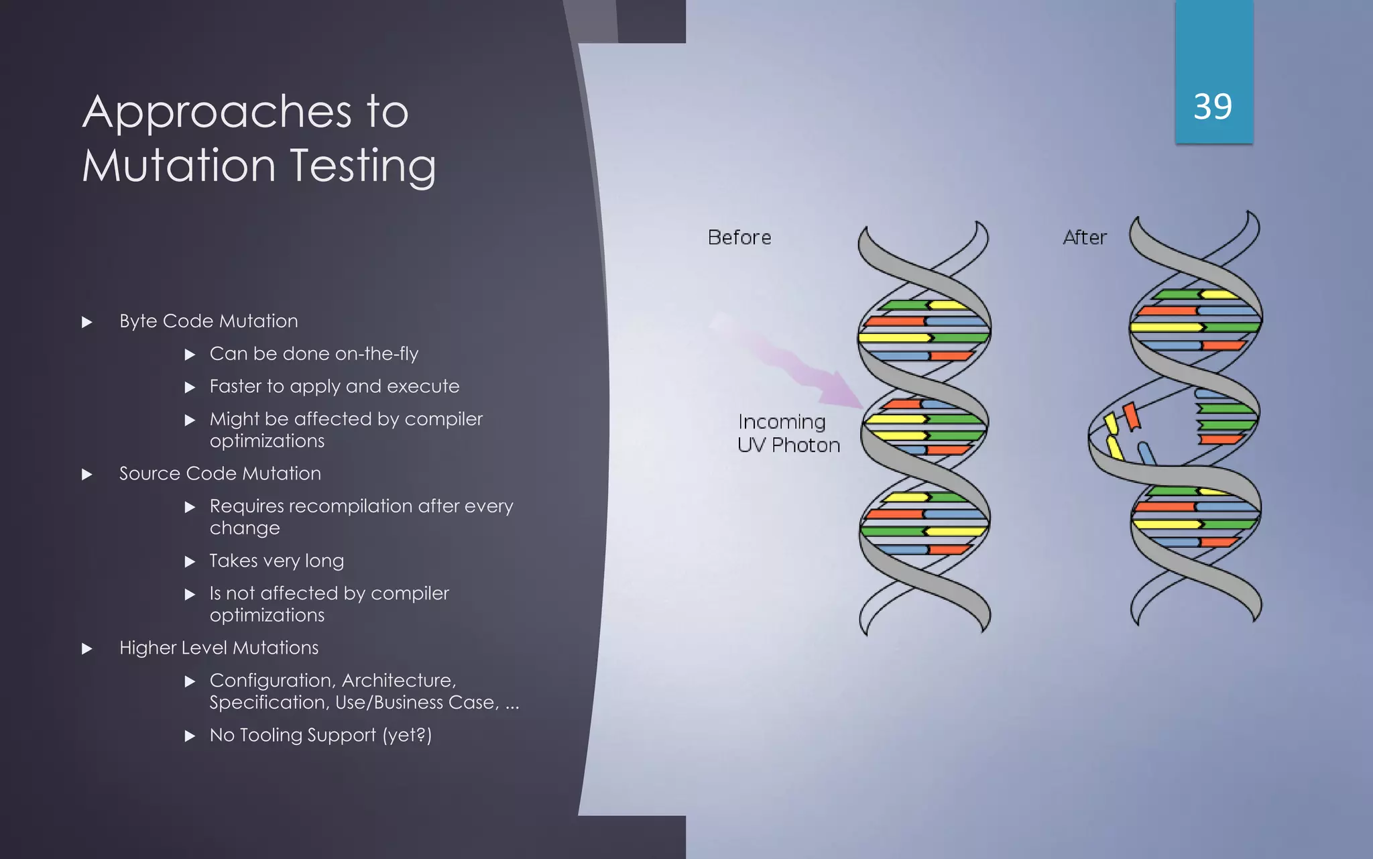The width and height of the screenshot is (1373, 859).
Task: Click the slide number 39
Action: pos(1213,107)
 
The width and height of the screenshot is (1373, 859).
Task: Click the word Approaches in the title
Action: pos(217,112)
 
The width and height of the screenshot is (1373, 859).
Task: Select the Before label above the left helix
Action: pos(739,237)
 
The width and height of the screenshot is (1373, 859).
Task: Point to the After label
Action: pos(1085,237)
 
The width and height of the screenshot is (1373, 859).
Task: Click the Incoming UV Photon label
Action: pos(788,433)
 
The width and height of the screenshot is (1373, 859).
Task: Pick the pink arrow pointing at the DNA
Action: pos(804,365)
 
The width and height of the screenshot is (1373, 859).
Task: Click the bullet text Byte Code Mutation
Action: pos(208,321)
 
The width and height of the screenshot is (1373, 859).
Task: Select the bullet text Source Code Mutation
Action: pos(220,473)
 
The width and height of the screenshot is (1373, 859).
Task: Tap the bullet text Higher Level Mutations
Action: pos(219,648)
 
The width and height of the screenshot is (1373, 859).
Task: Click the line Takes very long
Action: pos(276,561)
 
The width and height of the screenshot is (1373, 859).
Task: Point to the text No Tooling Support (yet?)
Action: pos(320,735)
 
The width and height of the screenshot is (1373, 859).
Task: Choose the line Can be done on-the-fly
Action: pos(314,353)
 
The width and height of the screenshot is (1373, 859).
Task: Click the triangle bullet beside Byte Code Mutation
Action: pos(87,323)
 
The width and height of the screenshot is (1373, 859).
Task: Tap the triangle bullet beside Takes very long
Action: pos(190,562)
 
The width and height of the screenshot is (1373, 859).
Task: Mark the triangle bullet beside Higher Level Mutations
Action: pos(87,649)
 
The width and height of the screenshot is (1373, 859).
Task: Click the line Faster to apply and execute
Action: pos(334,386)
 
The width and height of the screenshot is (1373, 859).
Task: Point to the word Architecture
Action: pos(399,681)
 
